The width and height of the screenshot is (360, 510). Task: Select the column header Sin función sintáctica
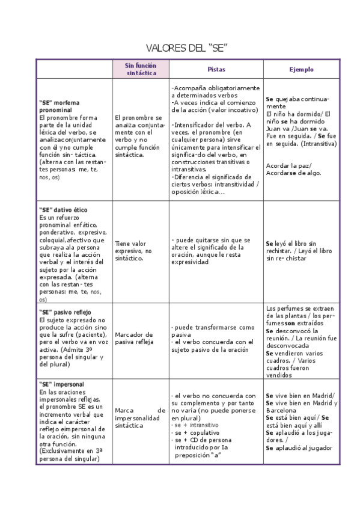click(141, 69)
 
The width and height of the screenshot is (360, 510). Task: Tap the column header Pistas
click(216, 69)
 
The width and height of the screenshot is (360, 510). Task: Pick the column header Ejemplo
click(301, 69)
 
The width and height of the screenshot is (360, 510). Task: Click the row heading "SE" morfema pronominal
click(59, 106)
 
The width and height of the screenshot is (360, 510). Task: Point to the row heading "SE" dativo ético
click(63, 209)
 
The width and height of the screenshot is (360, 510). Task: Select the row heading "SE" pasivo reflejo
click(64, 312)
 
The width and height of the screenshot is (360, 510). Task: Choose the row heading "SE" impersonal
click(61, 384)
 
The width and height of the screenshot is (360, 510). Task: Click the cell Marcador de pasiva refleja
click(134, 338)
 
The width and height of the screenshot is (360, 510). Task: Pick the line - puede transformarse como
click(213, 327)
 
